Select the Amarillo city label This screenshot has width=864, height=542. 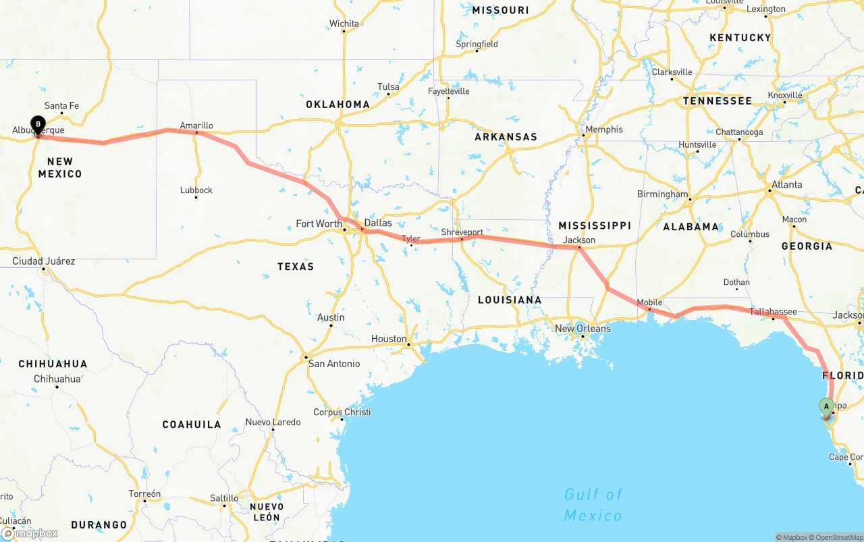[x=196, y=126]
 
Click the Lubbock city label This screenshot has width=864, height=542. [x=196, y=190]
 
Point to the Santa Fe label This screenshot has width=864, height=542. [x=61, y=106]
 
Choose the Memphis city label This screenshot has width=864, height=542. [x=604, y=130]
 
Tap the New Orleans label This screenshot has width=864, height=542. [x=583, y=329]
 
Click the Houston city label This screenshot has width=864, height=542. [x=389, y=339]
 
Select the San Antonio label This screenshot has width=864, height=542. [x=334, y=364]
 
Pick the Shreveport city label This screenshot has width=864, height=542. [x=462, y=232]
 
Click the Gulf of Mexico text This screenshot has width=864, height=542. [x=593, y=505]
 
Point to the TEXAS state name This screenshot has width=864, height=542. [x=296, y=267]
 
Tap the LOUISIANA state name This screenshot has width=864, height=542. [x=509, y=300]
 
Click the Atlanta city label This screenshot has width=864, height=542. [x=787, y=185]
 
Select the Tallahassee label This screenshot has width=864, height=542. [x=773, y=312]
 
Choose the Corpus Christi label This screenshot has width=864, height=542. [x=342, y=412]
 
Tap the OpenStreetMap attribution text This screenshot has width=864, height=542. [x=838, y=537]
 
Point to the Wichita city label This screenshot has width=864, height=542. [x=344, y=24]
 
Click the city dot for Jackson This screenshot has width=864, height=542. [x=579, y=248]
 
